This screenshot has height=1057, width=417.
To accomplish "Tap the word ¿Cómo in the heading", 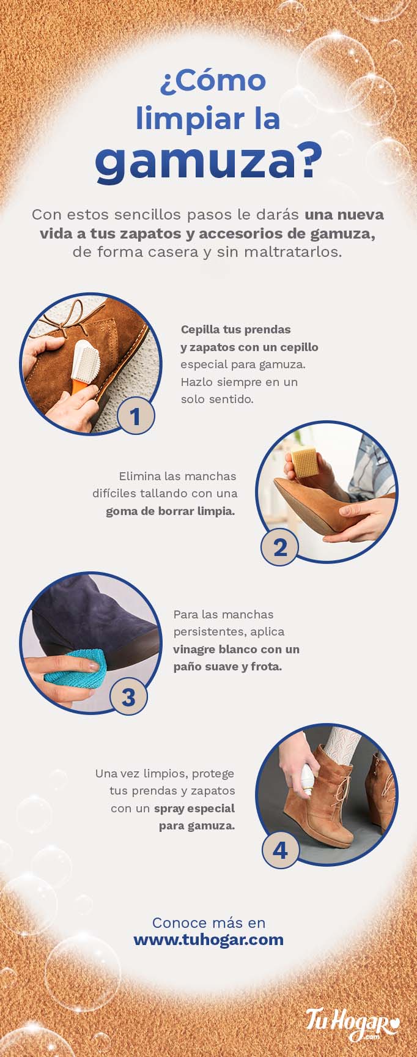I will click(x=213, y=82).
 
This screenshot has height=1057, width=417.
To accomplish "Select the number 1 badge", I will click(x=135, y=416).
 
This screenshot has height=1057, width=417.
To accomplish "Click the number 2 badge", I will click(x=279, y=547).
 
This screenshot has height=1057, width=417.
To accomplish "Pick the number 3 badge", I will click(x=128, y=697).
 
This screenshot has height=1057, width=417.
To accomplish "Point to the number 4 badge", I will click(x=280, y=850).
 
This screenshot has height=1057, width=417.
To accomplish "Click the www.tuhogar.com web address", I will click(x=208, y=940).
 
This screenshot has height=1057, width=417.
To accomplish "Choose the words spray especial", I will click(x=194, y=808).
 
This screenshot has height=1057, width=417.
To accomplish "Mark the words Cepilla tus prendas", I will click(x=235, y=329).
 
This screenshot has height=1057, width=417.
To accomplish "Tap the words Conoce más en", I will click(x=208, y=922).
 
